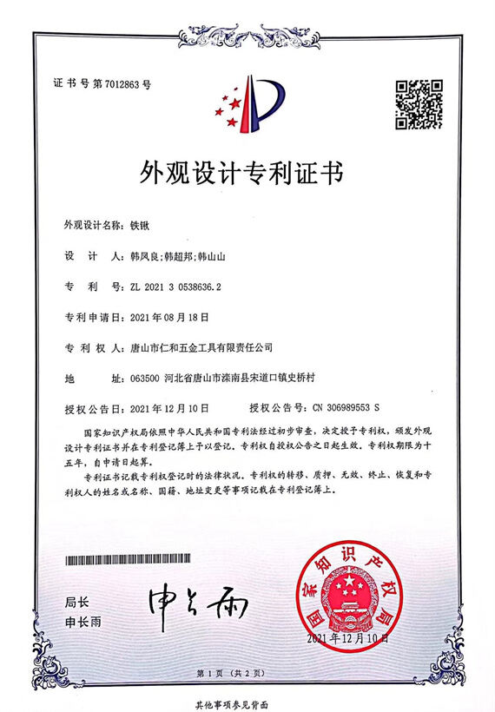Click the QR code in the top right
tap(419, 103)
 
